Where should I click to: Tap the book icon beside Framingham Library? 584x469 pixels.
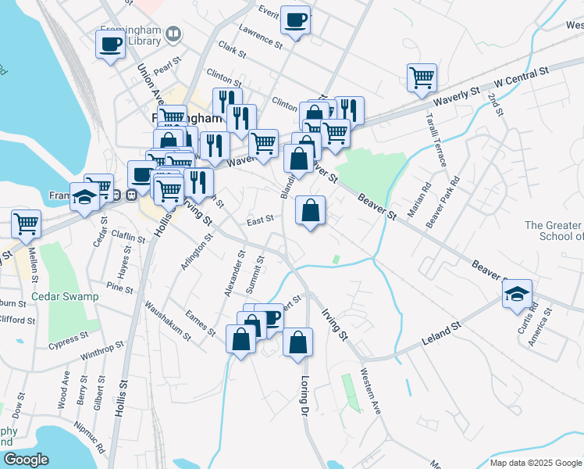click(x=173, y=34)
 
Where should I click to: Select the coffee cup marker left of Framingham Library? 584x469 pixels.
click(x=110, y=43)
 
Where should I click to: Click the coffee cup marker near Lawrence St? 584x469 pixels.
click(x=295, y=21)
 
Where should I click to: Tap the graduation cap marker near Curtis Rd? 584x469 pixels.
click(x=517, y=295)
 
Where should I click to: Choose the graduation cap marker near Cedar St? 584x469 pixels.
click(x=84, y=198)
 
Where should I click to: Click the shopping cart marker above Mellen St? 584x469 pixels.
click(x=26, y=224)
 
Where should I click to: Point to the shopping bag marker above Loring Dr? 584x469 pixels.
click(x=297, y=342)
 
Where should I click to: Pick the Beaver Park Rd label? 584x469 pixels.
click(x=443, y=202)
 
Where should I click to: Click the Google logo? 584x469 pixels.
click(x=26, y=460)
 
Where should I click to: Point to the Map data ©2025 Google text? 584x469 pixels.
click(x=536, y=463)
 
